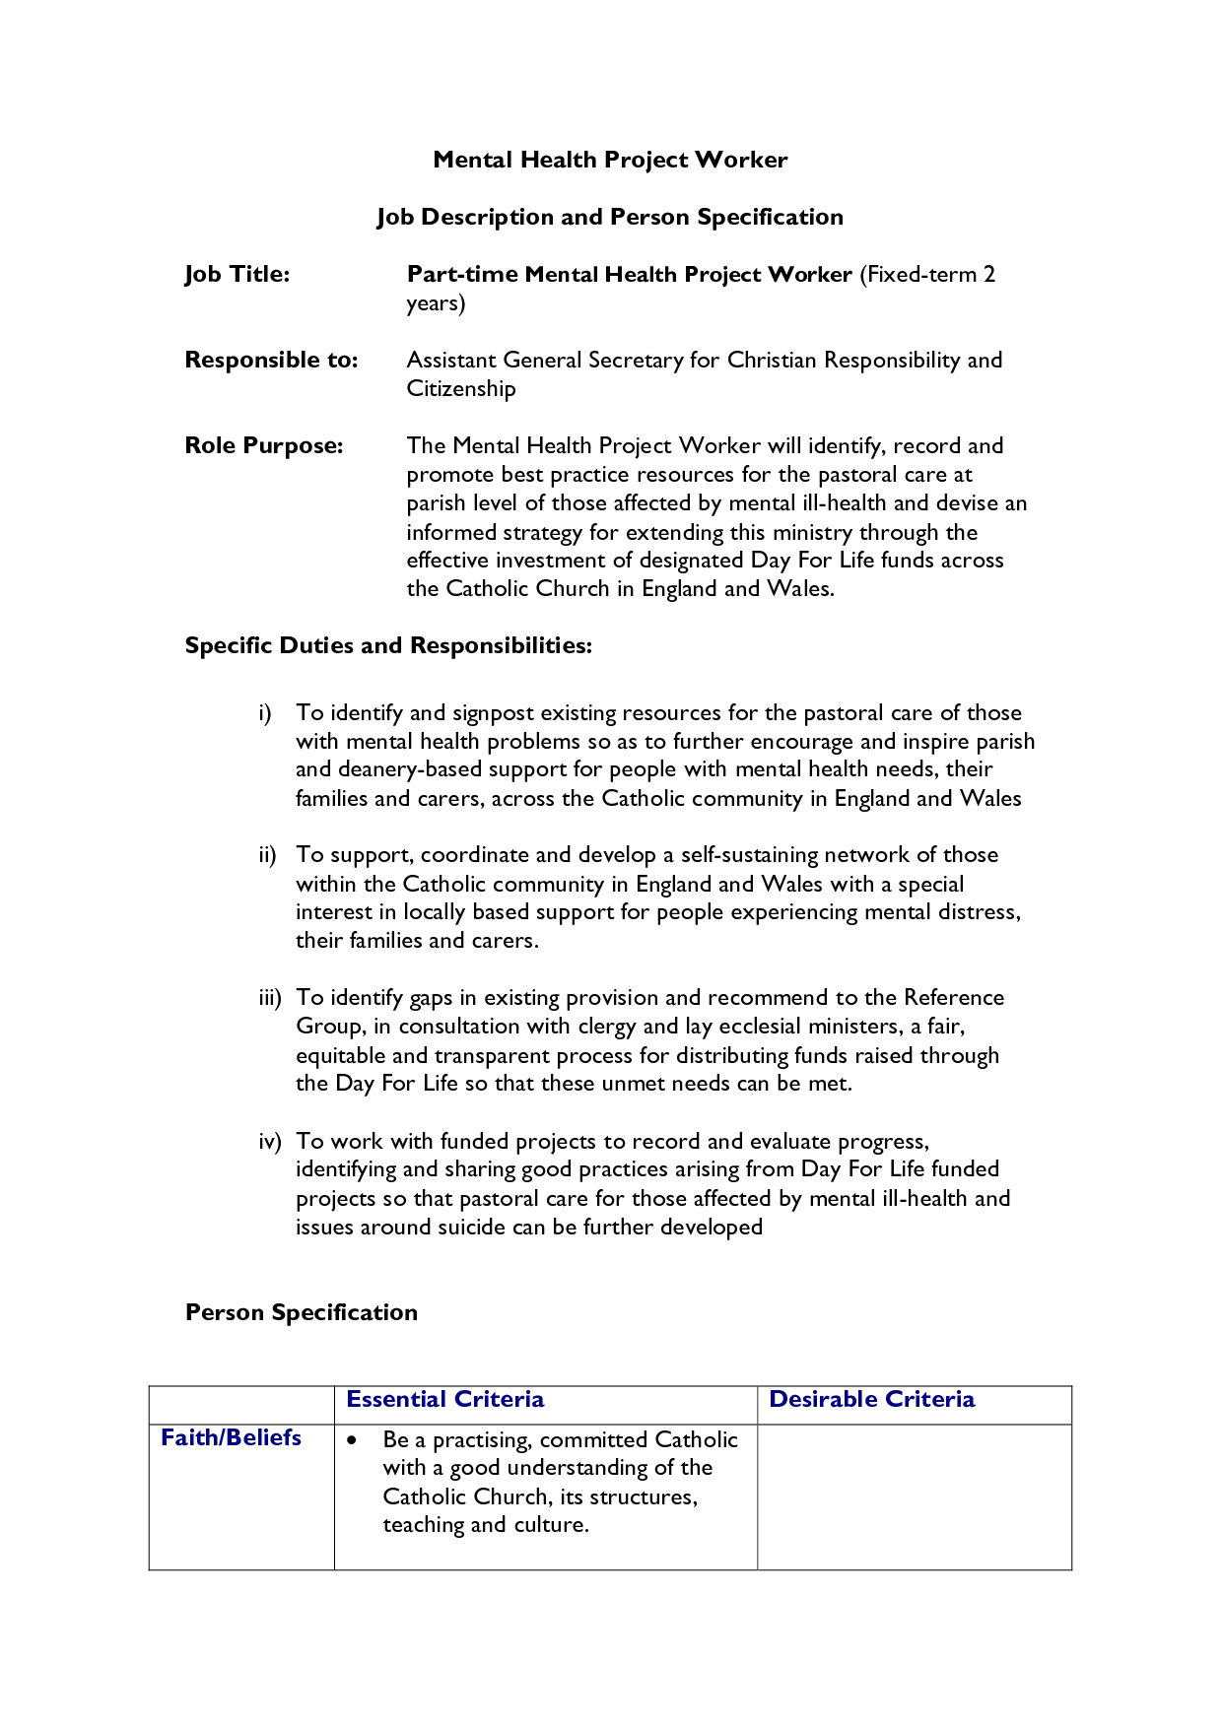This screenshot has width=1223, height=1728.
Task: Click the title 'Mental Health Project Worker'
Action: [610, 160]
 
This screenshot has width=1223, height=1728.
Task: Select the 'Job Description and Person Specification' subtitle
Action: [610, 217]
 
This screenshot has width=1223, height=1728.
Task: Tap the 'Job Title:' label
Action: [238, 274]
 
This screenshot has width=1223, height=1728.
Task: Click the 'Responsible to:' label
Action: [271, 360]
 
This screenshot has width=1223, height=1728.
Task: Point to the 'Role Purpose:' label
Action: [264, 445]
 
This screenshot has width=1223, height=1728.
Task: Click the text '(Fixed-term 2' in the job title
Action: [926, 274]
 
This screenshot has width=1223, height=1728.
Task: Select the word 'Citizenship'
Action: [461, 388]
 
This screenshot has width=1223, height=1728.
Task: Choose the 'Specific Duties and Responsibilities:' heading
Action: [388, 645]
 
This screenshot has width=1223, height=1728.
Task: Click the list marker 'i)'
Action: [264, 712]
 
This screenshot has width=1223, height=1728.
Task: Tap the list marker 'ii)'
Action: [267, 854]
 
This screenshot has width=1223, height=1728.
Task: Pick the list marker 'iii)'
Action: [269, 997]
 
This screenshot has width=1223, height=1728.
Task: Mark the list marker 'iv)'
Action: [269, 1141]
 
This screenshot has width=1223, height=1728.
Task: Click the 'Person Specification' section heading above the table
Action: [302, 1312]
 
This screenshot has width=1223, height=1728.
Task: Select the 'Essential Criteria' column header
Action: [445, 1399]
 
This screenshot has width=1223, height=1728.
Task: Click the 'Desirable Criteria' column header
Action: [872, 1399]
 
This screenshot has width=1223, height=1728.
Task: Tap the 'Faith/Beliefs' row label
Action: [232, 1437]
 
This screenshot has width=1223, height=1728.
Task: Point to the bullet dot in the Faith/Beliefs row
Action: [352, 1440]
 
